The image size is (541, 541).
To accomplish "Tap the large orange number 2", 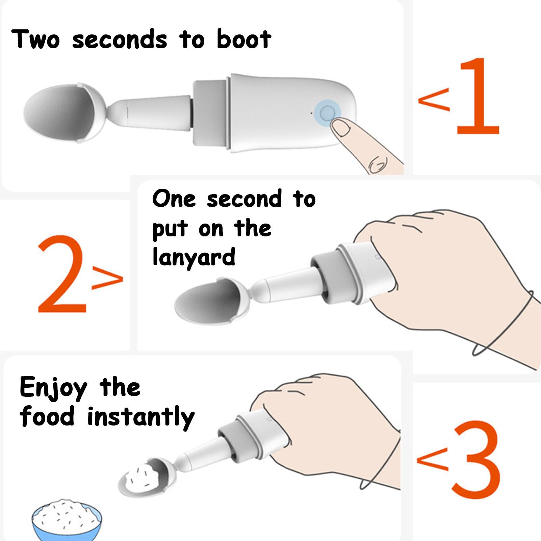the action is click(62, 274).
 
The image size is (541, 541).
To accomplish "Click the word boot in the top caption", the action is click(243, 39).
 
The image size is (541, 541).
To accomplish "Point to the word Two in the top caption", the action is click(36, 39).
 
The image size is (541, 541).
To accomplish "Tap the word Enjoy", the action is click(53, 388).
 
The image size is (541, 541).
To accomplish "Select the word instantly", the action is click(141, 417).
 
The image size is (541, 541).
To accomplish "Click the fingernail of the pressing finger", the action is click(340, 128).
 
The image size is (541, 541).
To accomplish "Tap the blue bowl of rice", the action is click(67, 520).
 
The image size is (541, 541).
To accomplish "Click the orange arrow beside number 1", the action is click(434, 99).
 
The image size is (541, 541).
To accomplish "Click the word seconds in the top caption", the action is click(120, 40).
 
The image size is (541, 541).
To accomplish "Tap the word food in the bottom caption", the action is click(47, 416).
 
